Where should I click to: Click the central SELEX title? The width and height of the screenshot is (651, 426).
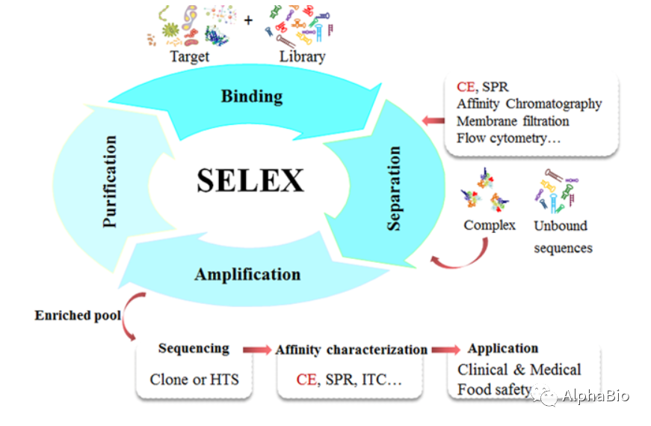click(250, 180)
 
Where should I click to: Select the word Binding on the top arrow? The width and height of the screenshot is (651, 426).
click(252, 97)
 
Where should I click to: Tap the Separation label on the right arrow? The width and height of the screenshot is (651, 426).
click(395, 188)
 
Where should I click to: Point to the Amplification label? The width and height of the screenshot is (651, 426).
click(247, 274)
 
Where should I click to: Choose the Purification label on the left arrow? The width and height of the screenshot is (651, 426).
click(110, 181)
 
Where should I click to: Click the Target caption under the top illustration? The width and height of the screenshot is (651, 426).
click(189, 56)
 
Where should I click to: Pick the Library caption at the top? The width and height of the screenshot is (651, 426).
click(302, 56)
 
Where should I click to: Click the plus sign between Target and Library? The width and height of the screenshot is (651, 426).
click(247, 20)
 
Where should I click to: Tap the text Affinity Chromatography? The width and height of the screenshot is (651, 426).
click(529, 104)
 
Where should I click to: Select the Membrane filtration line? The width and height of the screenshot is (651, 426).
click(513, 121)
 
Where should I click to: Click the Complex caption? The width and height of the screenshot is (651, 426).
click(490, 225)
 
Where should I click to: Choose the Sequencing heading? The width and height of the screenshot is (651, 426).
click(194, 348)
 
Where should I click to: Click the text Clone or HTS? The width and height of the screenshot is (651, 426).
click(194, 379)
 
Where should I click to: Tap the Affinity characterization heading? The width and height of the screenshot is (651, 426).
click(351, 350)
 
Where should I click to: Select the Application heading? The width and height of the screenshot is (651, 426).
click(502, 348)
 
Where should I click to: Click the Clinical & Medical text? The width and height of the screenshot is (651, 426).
click(519, 370)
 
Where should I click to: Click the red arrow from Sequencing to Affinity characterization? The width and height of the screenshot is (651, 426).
click(256, 350)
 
